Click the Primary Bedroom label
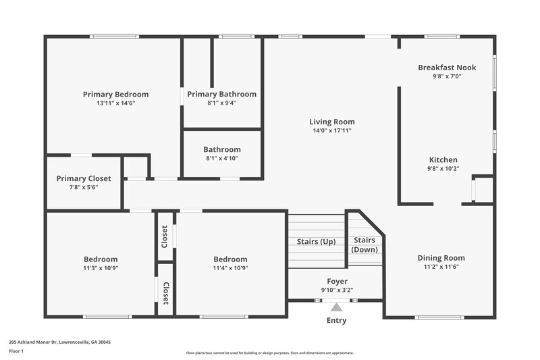115,94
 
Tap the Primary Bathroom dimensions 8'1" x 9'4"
221,103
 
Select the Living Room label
332,122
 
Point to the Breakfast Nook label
447,68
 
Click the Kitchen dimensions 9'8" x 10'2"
443,169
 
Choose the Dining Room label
441,257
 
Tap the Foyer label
337,281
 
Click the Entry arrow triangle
336,307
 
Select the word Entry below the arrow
336,320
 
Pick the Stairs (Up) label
317,242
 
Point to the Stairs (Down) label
364,245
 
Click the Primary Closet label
84,178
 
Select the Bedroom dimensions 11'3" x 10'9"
101,267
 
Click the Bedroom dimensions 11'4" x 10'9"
230,267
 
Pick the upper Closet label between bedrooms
165,236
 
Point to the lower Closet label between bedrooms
165,294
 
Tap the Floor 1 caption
16,352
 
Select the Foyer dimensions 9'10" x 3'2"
337,290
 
